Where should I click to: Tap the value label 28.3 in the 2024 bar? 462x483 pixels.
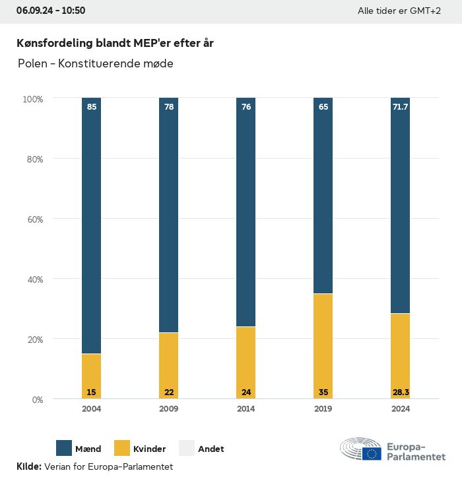click(400, 392)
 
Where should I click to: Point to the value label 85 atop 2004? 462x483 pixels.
click(92, 106)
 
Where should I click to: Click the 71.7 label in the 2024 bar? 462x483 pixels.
click(400, 106)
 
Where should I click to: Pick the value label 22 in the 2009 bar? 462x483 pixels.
click(169, 392)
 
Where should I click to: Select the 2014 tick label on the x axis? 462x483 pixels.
click(246, 409)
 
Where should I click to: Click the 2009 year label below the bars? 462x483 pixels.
click(168, 409)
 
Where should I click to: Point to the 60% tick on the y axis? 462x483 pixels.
click(33, 219)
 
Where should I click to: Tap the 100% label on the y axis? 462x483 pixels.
click(32, 99)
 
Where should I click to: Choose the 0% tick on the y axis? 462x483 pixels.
click(37, 400)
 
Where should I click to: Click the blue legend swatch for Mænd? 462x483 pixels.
click(65, 448)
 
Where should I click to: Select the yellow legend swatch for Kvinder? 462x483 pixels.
click(123, 448)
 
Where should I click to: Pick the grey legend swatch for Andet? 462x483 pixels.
click(187, 448)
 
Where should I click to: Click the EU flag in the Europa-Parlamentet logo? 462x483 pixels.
click(372, 453)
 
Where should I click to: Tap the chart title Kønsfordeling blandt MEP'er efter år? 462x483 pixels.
click(115, 43)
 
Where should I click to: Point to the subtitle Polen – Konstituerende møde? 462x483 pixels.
click(96, 64)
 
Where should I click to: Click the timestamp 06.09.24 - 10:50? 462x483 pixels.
click(51, 11)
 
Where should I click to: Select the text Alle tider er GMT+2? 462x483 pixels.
click(399, 11)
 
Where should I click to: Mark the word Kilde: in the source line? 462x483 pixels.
click(28, 466)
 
